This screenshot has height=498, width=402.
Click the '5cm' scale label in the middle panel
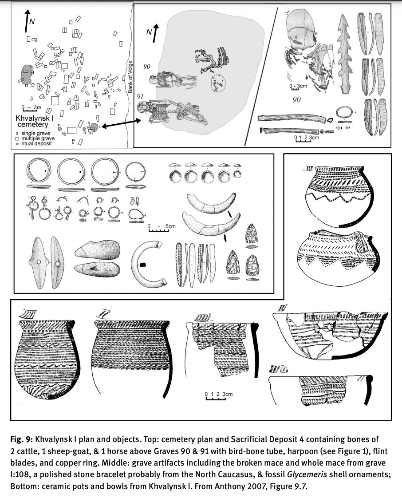point(170,226)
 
